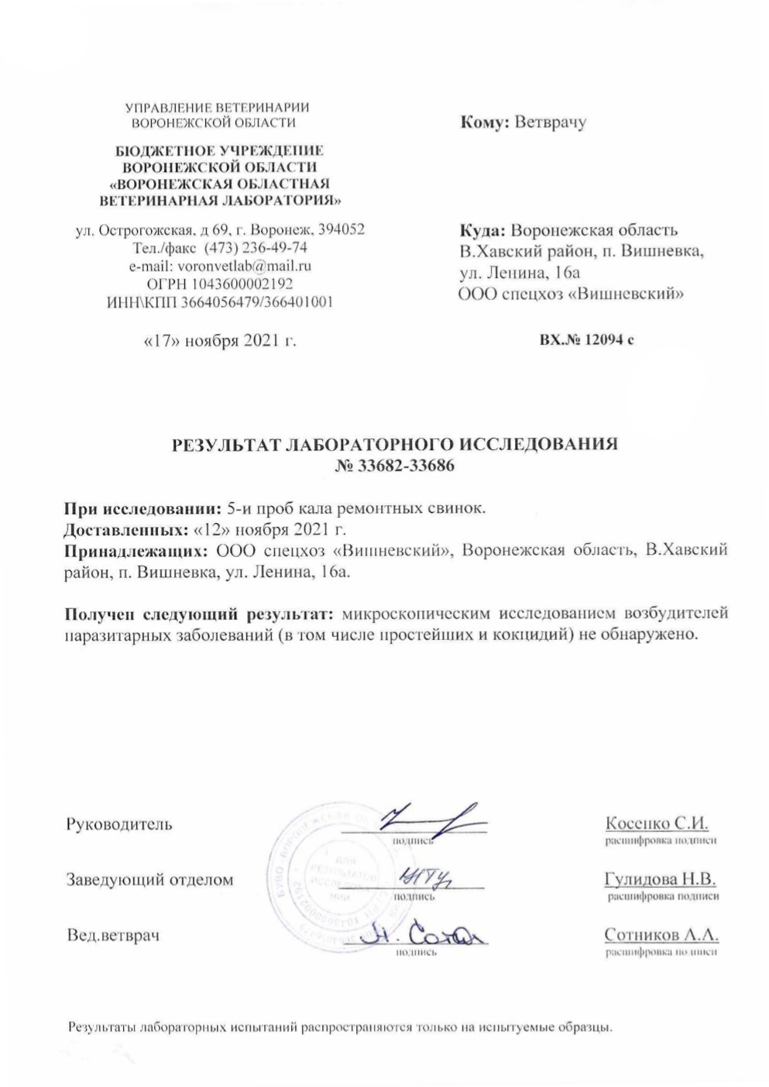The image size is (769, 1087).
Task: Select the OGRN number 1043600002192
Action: click(248, 284)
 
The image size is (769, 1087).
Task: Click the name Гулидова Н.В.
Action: click(660, 879)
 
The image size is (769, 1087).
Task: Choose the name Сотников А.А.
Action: click(661, 935)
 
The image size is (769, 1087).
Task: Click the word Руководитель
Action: click(119, 824)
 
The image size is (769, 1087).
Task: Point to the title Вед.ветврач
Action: click(113, 936)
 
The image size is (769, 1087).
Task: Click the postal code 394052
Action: click(340, 229)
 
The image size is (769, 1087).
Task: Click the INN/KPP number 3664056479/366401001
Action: click(257, 302)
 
